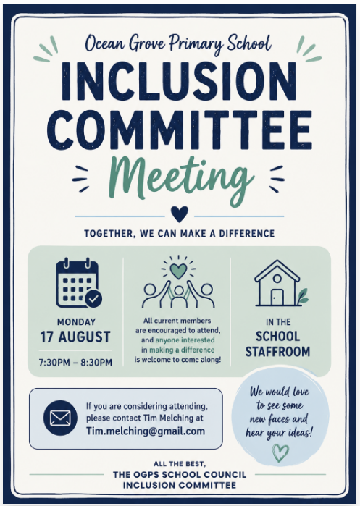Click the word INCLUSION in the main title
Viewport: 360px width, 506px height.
coord(178,80)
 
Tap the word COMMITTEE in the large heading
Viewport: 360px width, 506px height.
coord(182,130)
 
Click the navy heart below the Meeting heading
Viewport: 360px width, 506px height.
coord(180,214)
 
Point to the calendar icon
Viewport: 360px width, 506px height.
coord(78,283)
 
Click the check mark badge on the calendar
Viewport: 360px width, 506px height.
coord(93,299)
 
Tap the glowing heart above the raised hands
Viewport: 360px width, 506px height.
coord(178,271)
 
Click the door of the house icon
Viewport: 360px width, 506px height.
coord(277,297)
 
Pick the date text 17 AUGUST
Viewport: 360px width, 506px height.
coord(75,337)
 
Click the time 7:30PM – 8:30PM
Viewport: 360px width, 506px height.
coord(75,363)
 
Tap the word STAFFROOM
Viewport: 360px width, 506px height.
coord(277,351)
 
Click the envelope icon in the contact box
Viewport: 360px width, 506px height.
coord(60,418)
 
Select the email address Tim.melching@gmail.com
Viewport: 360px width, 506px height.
coord(146,431)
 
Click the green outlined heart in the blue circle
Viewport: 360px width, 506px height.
coord(280,452)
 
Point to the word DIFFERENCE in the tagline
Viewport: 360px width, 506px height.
coord(247,233)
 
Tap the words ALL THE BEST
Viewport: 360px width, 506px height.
coord(179,464)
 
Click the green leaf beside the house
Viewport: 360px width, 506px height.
coord(303,296)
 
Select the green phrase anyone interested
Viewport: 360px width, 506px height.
coord(185,340)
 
